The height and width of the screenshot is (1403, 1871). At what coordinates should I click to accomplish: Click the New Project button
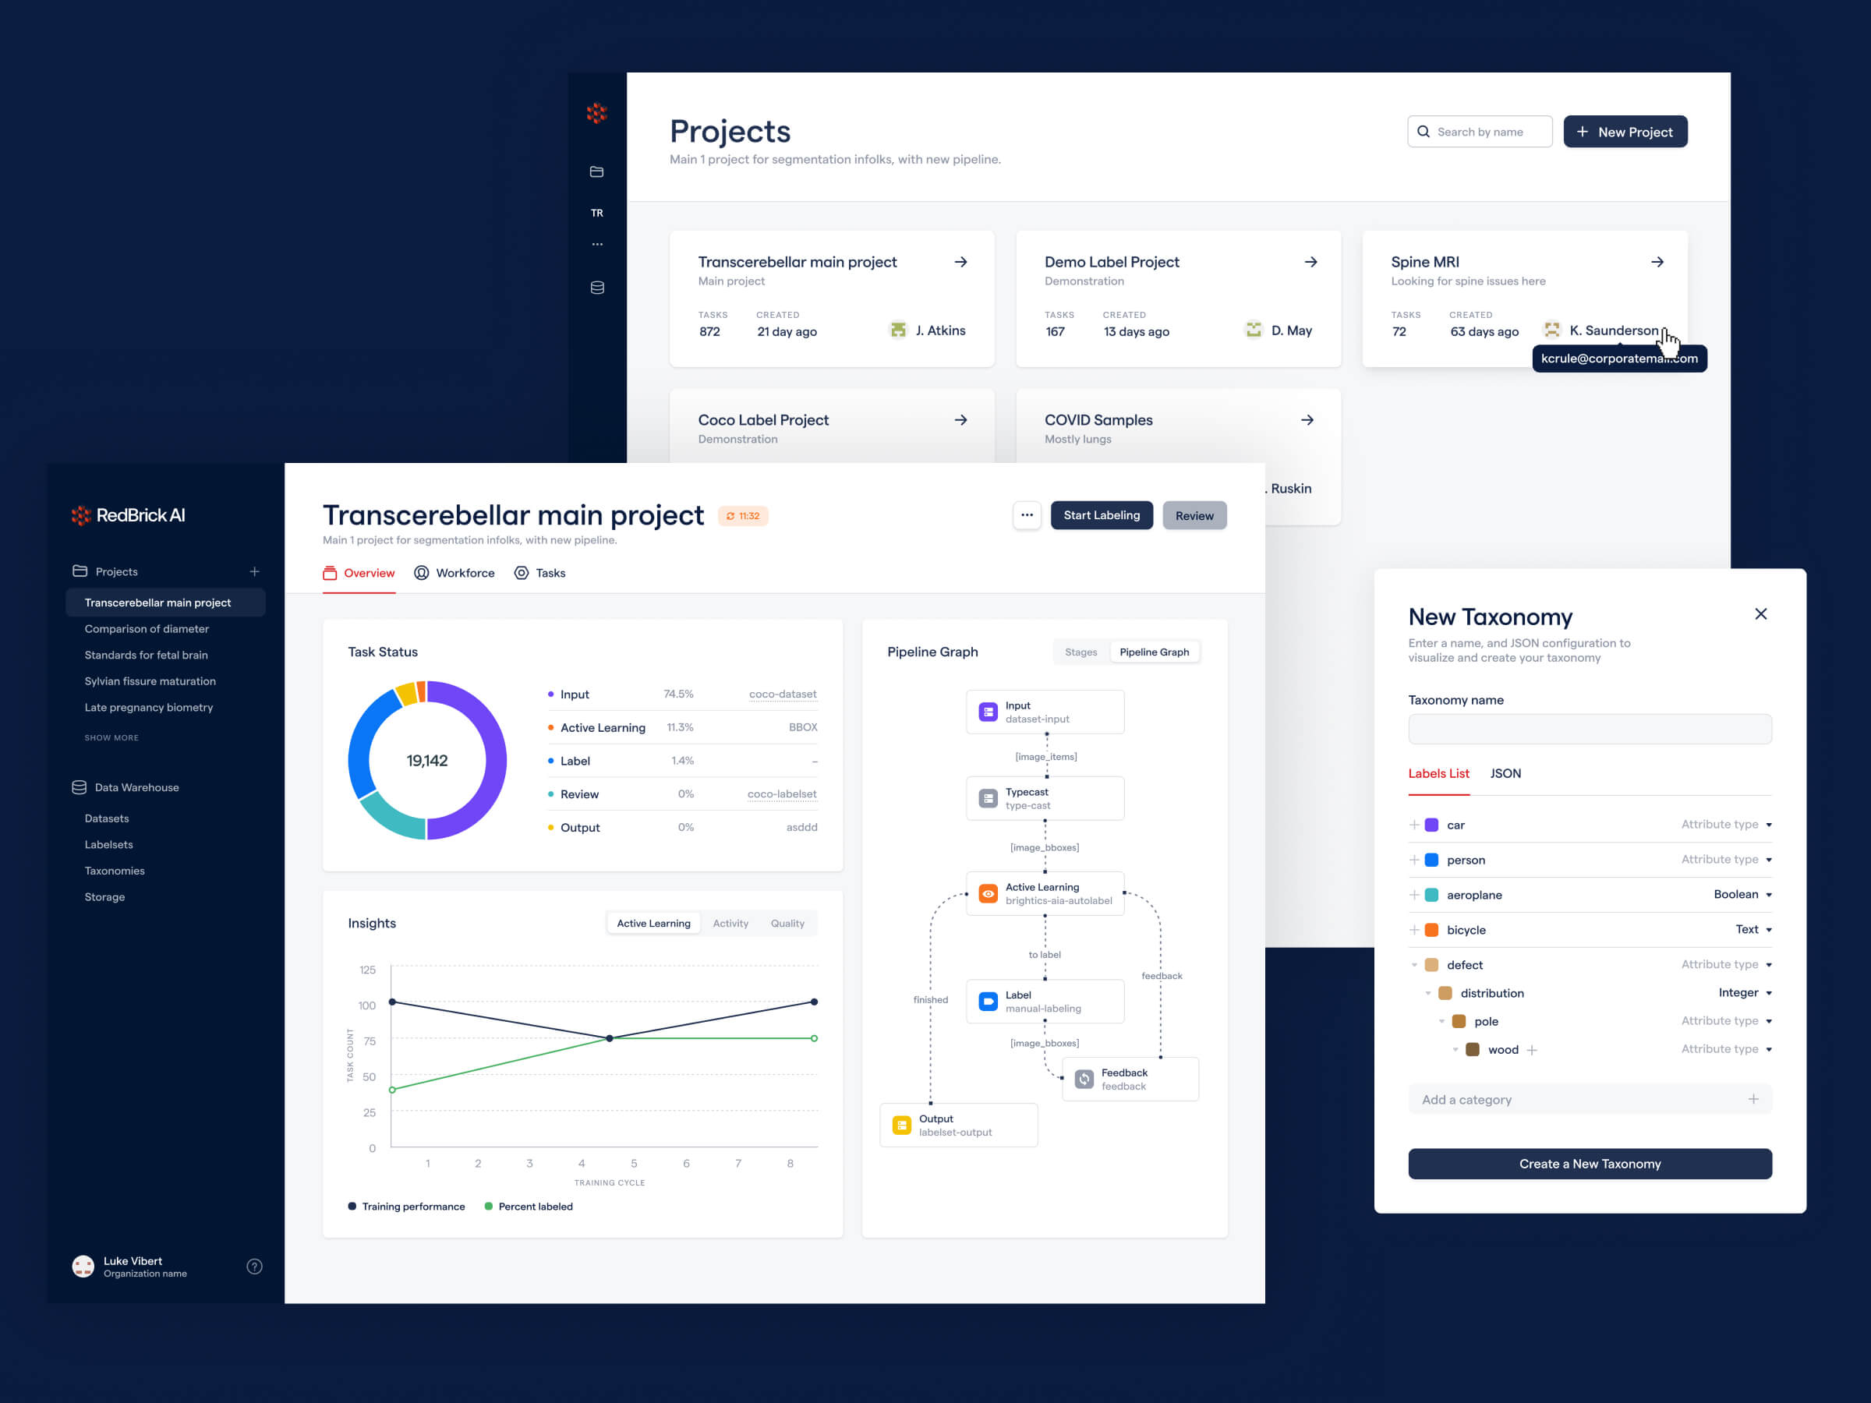[x=1624, y=132]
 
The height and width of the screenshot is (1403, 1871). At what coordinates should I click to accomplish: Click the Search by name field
[x=1480, y=132]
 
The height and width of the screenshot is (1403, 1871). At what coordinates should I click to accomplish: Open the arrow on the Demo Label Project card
[x=1310, y=262]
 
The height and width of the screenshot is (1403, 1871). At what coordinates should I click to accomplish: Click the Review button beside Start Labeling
[x=1194, y=516]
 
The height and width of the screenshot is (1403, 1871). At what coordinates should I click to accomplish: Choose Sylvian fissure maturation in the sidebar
[x=150, y=680]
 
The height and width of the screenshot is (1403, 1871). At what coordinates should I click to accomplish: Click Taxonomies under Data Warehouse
[x=114, y=870]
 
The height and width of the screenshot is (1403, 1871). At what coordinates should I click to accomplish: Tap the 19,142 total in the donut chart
[x=427, y=761]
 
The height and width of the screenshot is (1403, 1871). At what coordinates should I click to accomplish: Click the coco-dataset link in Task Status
[x=783, y=694]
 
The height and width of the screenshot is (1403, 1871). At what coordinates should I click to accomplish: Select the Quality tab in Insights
[x=787, y=924]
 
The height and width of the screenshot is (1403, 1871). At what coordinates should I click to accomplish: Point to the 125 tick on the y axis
[x=367, y=970]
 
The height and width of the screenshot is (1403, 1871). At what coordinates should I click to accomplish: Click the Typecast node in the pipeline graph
[x=1045, y=798]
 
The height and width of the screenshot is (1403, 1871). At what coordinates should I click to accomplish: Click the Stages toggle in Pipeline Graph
[x=1081, y=652]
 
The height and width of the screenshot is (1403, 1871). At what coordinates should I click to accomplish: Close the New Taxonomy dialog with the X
[x=1760, y=614]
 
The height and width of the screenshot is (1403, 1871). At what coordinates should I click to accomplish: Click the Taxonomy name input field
[x=1590, y=729]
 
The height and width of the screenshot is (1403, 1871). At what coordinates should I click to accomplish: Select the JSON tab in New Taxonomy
[x=1505, y=774]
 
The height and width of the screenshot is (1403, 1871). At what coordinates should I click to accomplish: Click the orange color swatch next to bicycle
[x=1431, y=930]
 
